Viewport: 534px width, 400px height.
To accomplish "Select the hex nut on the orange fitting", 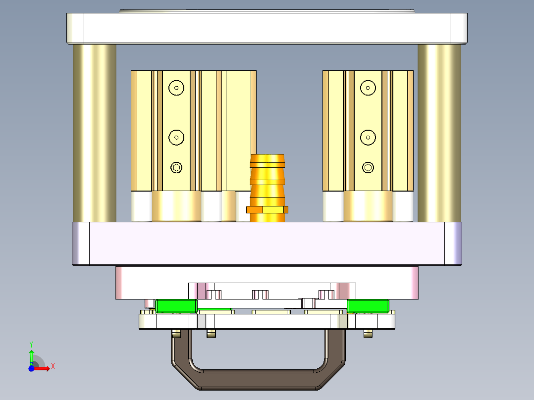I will (x=267, y=209).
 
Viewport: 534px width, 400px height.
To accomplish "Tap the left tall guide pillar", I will (x=94, y=133).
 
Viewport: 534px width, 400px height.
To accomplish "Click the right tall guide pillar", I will (x=439, y=133).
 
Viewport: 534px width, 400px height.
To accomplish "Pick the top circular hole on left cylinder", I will (x=176, y=88).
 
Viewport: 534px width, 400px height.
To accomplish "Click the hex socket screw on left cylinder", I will (x=176, y=167).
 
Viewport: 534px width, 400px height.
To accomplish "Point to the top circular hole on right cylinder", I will (x=368, y=88).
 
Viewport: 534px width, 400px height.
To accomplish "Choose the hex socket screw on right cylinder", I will (x=368, y=167).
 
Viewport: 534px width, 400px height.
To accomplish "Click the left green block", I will (x=176, y=306).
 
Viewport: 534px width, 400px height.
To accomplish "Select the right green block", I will (x=367, y=306).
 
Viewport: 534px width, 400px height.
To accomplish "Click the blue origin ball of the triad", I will (x=31, y=368).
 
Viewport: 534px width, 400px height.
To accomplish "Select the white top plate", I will (x=267, y=28).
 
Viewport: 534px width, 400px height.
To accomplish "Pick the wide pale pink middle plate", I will (x=267, y=243).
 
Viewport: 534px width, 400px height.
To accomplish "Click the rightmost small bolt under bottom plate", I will (x=368, y=334).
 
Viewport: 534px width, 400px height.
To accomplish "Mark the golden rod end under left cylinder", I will (x=176, y=206).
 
